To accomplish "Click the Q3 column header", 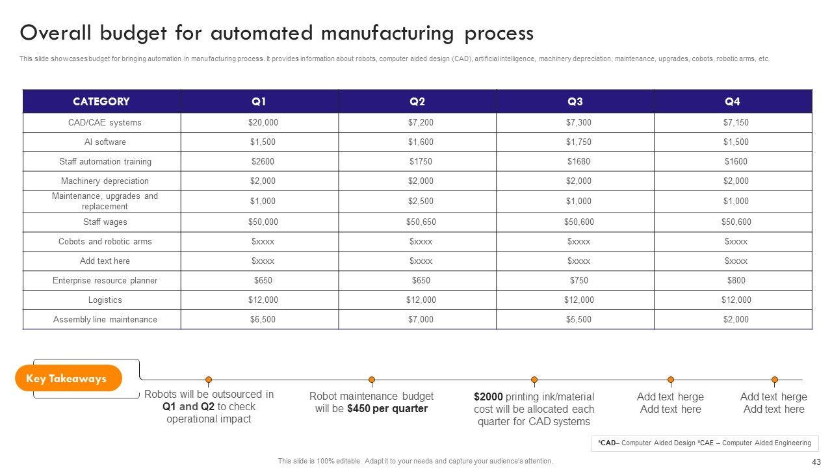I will pyautogui.click(x=575, y=101).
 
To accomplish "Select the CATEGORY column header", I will pyautogui.click(x=101, y=101).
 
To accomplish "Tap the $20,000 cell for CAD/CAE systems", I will pyautogui.click(x=263, y=122).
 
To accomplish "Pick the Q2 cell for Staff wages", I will pyautogui.click(x=421, y=222).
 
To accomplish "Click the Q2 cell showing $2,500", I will pyautogui.click(x=421, y=201).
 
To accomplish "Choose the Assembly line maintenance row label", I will pyautogui.click(x=105, y=319).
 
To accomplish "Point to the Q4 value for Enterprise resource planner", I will pyautogui.click(x=736, y=280).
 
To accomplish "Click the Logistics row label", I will pyautogui.click(x=105, y=300).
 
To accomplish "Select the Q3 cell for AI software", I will pyautogui.click(x=578, y=142).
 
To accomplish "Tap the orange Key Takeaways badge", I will pyautogui.click(x=68, y=378).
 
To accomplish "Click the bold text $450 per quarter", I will pyautogui.click(x=387, y=409).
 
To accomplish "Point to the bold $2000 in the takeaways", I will pyautogui.click(x=488, y=396).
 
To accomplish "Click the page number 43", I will pyautogui.click(x=816, y=461).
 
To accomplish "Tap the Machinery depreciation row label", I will pyautogui.click(x=105, y=181).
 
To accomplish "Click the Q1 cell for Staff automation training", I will pyautogui.click(x=263, y=161).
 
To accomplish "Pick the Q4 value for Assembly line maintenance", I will pyautogui.click(x=736, y=319).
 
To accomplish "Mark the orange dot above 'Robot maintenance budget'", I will pyautogui.click(x=372, y=380).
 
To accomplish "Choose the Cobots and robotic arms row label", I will pyautogui.click(x=105, y=241).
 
